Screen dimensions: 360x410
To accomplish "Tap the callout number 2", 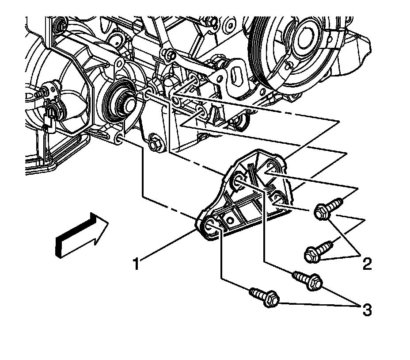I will coord(367,264).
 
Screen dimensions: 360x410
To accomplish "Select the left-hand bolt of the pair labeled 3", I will coord(264,297).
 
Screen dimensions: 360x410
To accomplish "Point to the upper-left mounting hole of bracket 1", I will coord(237,179).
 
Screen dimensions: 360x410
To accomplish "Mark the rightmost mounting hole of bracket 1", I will coord(277,196).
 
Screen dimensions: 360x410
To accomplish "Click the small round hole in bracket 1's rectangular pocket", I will coord(230,218).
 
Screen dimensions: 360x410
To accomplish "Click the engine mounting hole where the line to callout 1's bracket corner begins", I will coord(119,140).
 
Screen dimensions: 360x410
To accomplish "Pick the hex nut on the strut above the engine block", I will coord(169,55).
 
